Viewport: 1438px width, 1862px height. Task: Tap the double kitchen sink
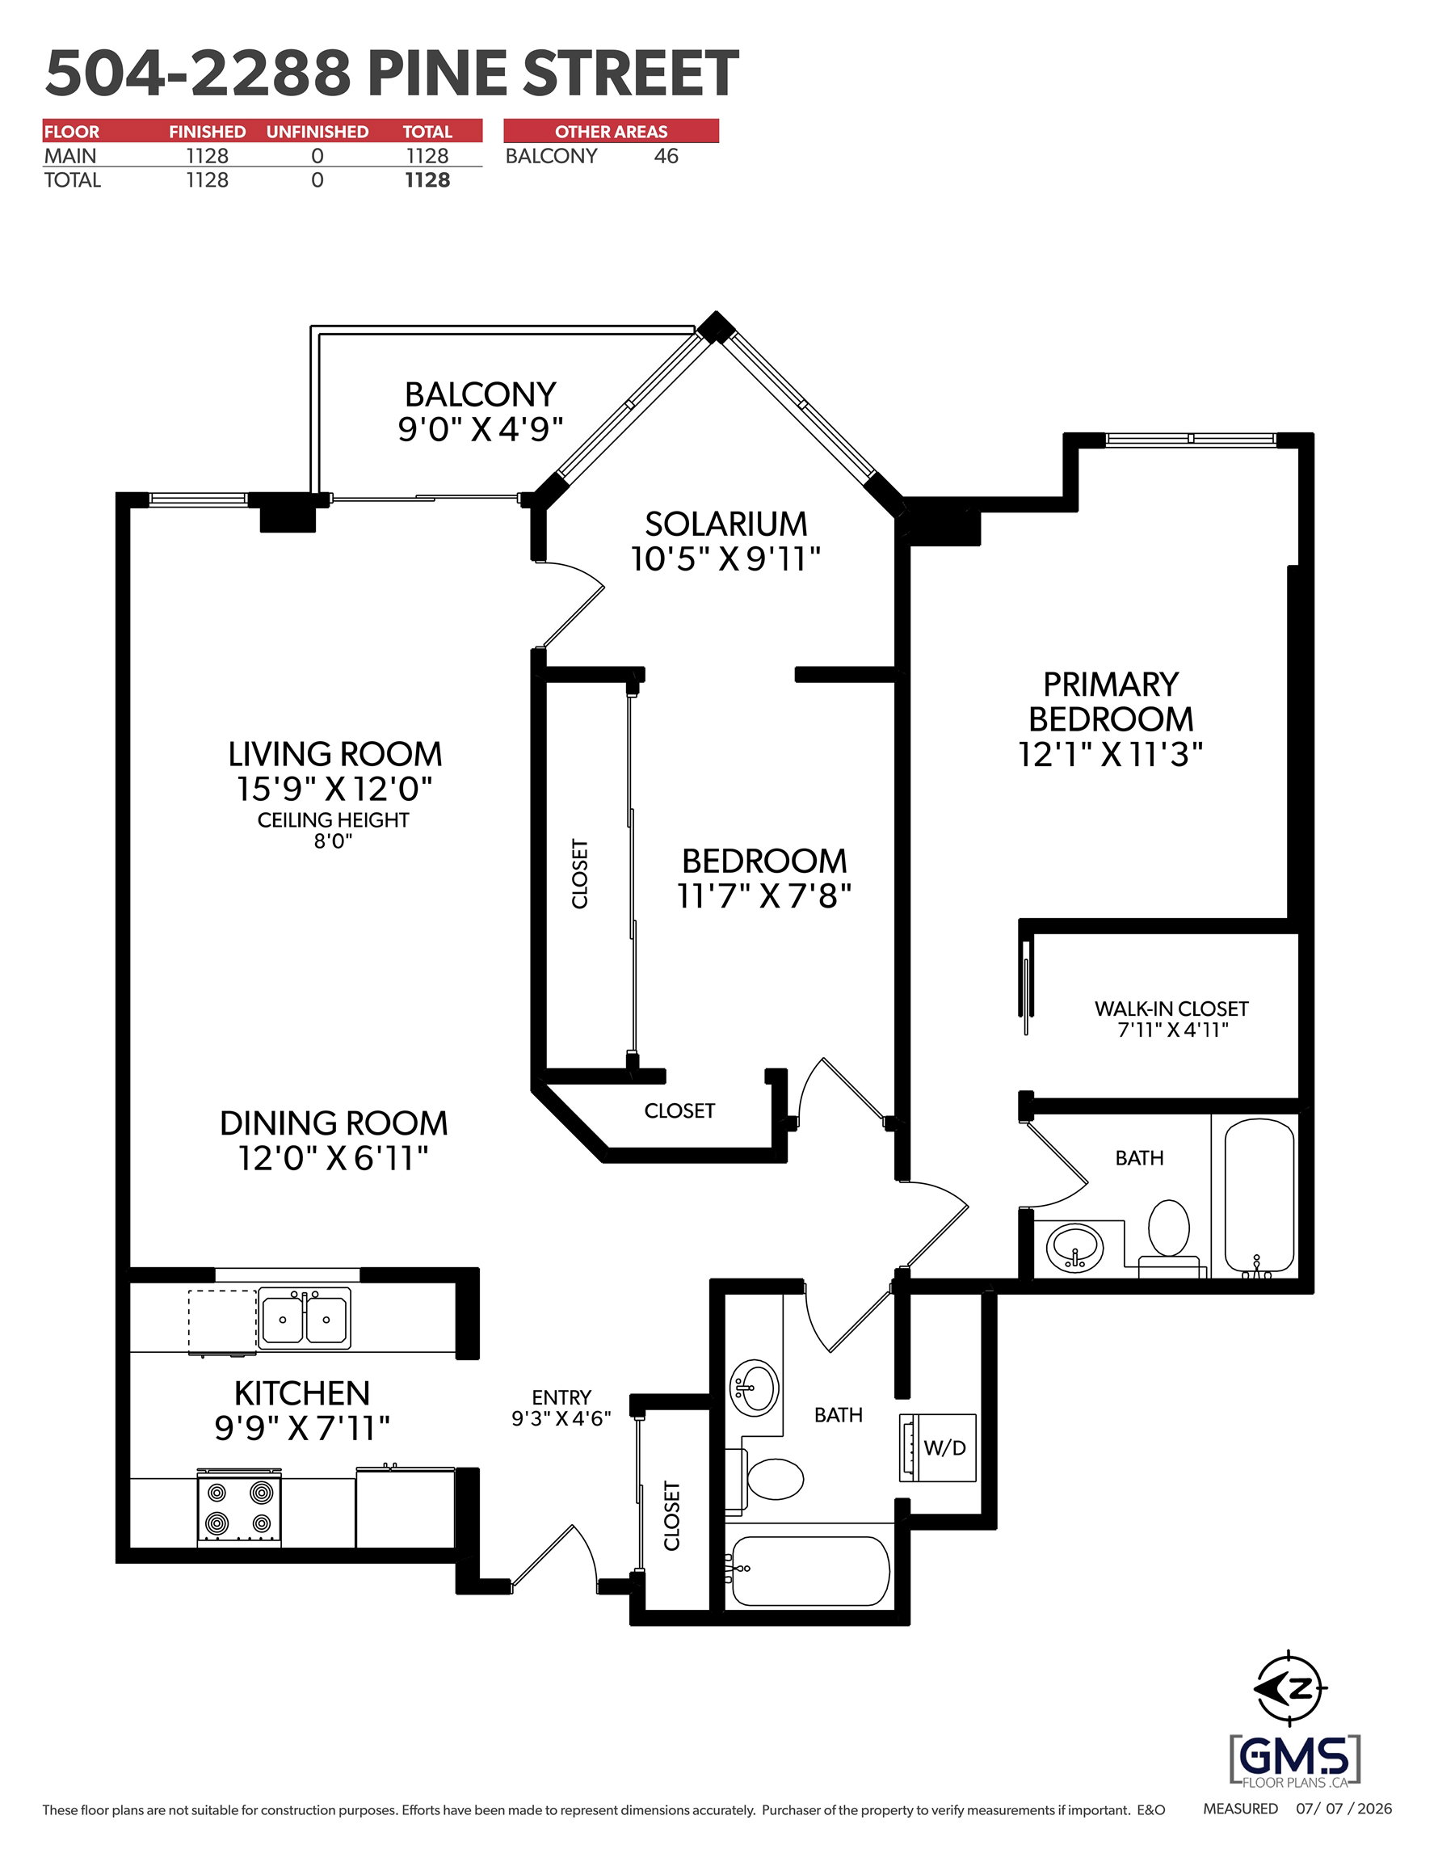(x=305, y=1318)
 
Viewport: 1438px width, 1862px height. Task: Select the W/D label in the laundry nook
(x=944, y=1447)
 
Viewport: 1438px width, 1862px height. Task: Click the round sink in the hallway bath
(x=755, y=1387)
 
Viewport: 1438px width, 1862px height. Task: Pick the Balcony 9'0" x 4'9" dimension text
(x=481, y=429)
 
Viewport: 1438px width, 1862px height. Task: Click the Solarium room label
(x=726, y=524)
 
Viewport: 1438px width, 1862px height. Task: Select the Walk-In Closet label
(x=1171, y=1009)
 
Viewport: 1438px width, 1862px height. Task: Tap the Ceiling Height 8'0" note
(x=334, y=829)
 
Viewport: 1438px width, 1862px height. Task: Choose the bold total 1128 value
(x=427, y=180)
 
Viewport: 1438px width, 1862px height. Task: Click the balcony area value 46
(x=666, y=156)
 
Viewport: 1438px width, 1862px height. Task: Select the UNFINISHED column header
(x=317, y=131)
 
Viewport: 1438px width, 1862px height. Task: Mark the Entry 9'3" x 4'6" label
(x=561, y=1408)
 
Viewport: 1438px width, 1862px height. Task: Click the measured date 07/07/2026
(x=1343, y=1809)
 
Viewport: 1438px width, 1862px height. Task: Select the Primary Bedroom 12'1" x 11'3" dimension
(x=1111, y=755)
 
